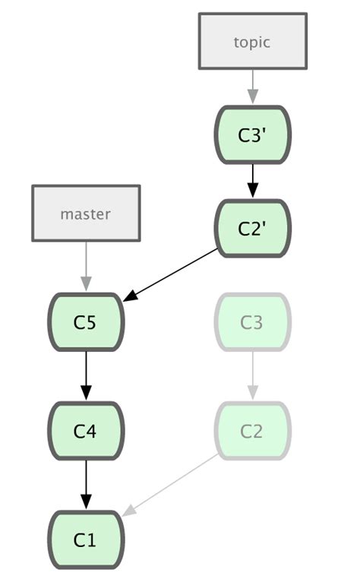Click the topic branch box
click(x=252, y=42)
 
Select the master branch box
click(x=86, y=214)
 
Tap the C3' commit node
click(x=253, y=135)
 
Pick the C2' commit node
click(x=253, y=229)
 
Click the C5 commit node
click(x=86, y=322)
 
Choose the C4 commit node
click(x=86, y=431)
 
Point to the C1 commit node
click(x=86, y=539)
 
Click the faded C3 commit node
click(x=253, y=322)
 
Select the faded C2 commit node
click(x=253, y=431)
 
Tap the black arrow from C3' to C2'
click(x=253, y=181)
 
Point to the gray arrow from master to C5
click(x=86, y=266)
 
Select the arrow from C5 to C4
click(x=86, y=375)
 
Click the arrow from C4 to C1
click(x=86, y=484)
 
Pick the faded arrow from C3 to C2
click(x=253, y=375)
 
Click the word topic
click(x=252, y=42)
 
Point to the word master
click(x=86, y=214)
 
